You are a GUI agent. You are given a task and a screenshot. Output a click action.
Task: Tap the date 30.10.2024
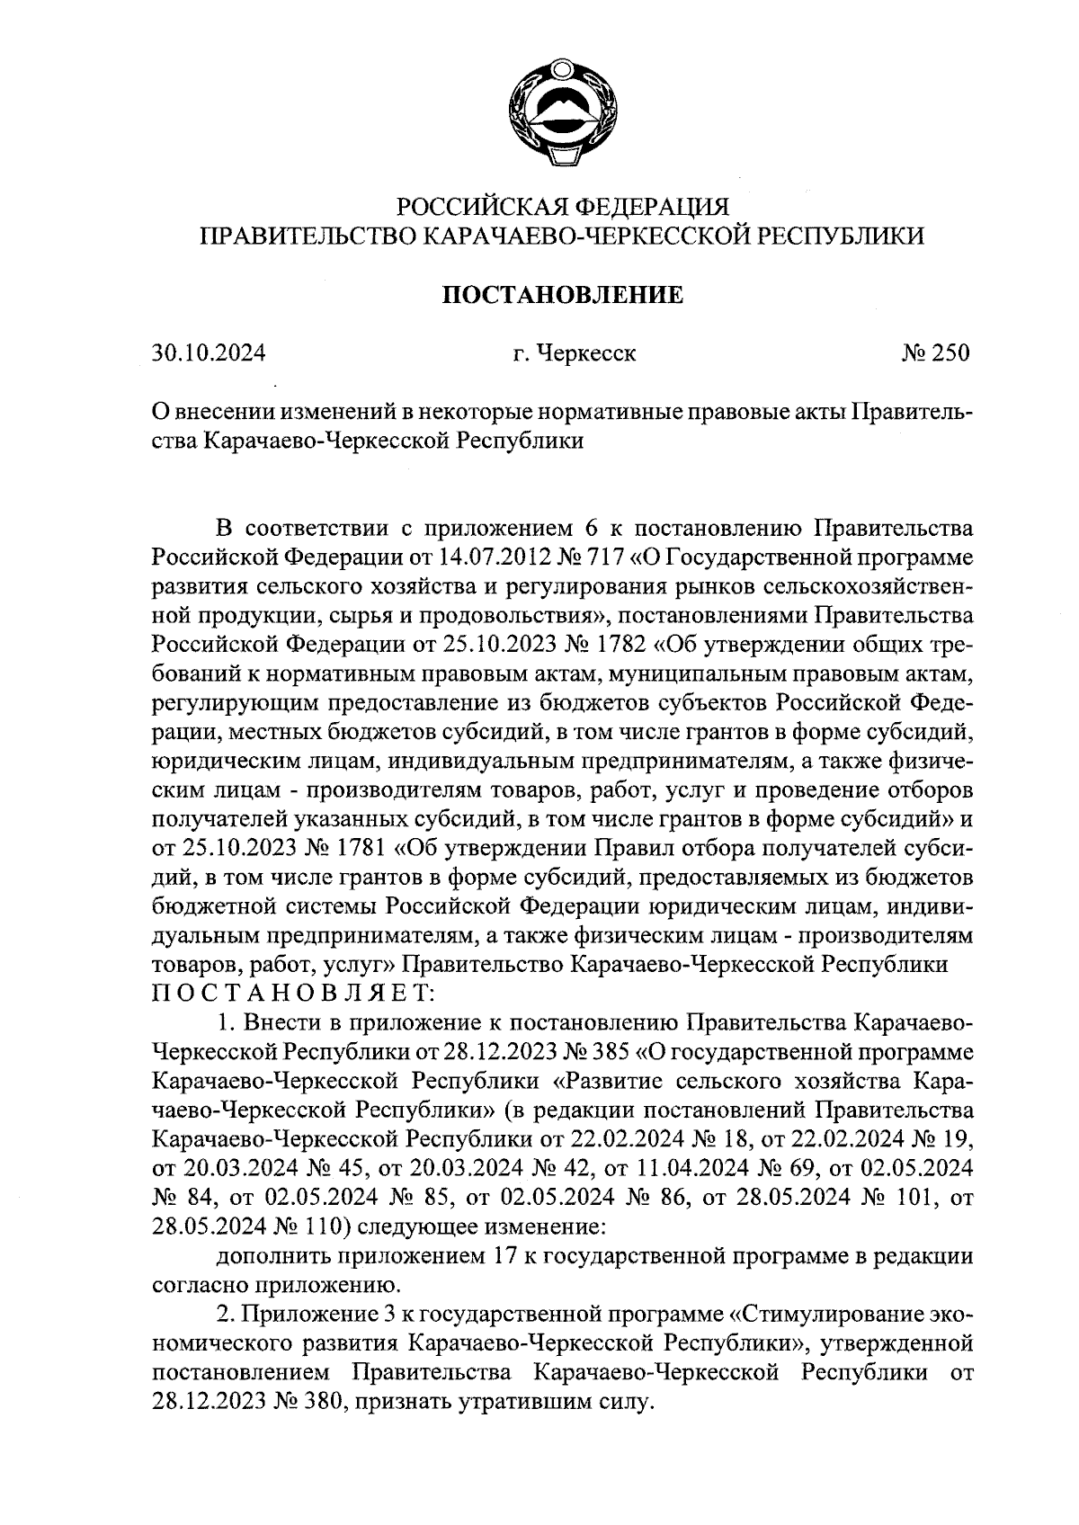[209, 353]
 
